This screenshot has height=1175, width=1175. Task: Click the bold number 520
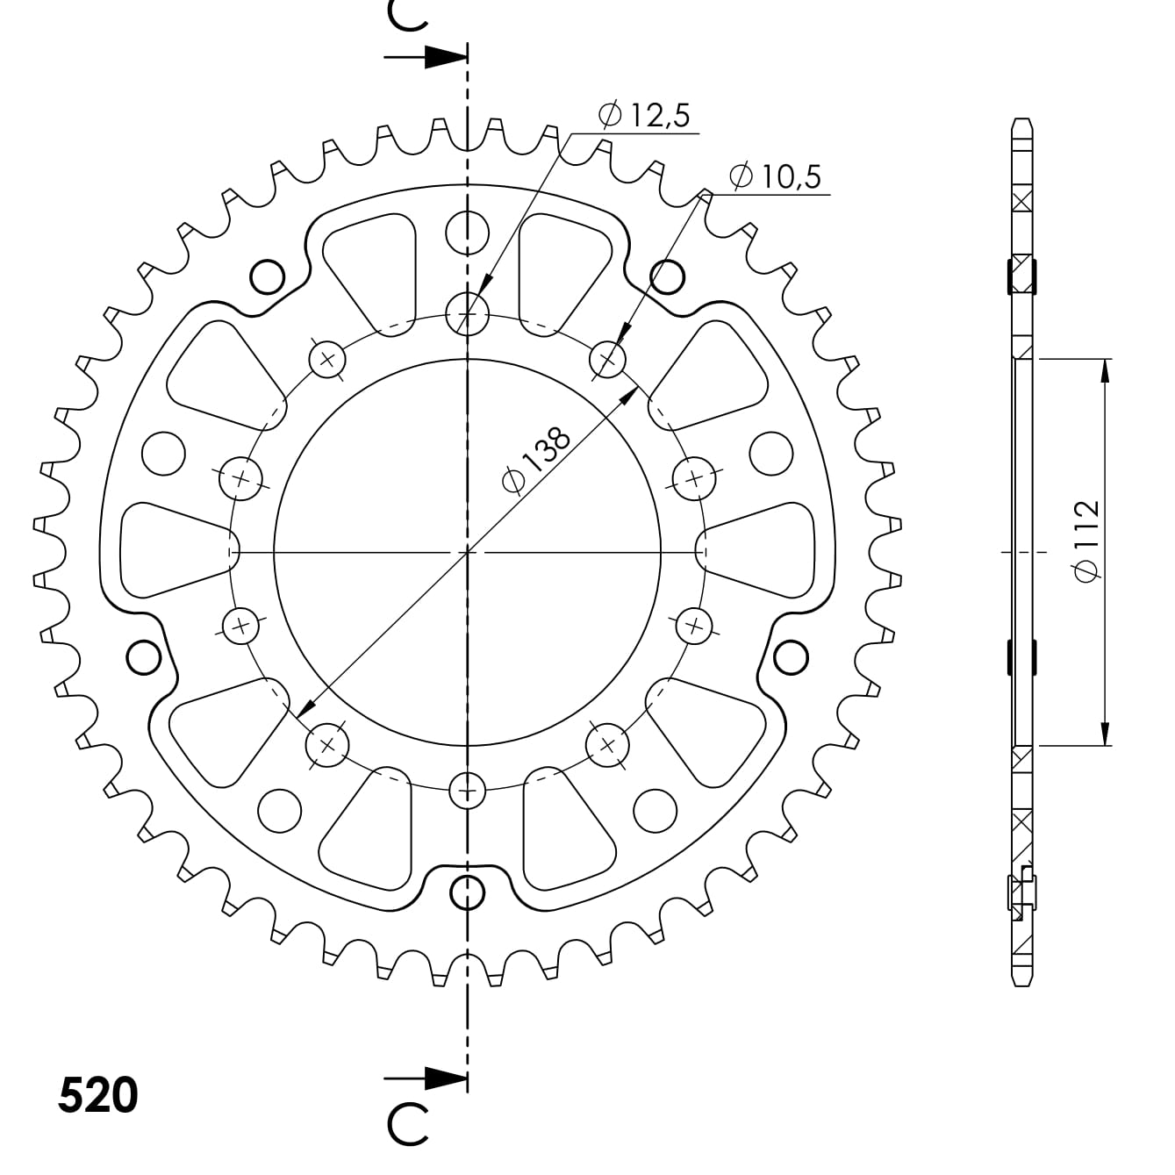pos(97,1094)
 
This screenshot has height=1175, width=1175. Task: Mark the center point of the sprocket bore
pos(467,552)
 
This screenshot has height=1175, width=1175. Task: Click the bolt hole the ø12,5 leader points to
pos(467,312)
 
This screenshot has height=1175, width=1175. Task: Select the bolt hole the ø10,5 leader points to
pos(607,358)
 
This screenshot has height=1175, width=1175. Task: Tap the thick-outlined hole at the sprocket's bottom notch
pos(467,892)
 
